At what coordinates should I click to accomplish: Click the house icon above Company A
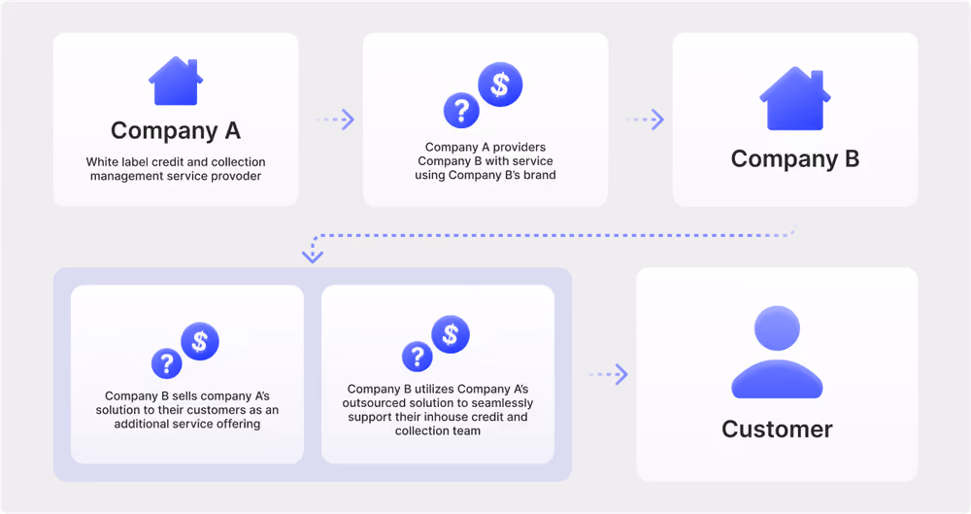pos(176,81)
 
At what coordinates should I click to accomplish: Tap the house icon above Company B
pos(795,98)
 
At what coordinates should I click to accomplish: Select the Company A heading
pos(176,131)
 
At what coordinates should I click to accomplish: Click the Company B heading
pos(795,158)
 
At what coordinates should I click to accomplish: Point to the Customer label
pos(777,429)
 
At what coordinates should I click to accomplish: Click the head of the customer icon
pos(777,328)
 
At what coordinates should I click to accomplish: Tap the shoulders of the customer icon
pos(777,379)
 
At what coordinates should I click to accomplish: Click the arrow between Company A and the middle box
pos(335,120)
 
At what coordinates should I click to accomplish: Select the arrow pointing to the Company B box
pos(645,120)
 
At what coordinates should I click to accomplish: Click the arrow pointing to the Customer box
pos(608,374)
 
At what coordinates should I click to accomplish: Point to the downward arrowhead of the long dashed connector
pos(312,257)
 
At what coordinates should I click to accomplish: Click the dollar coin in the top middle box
pos(500,85)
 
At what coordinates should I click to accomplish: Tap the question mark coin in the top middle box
pos(461,111)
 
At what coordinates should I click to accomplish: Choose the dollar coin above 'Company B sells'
pos(200,341)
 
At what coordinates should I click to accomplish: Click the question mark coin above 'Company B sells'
pos(167,363)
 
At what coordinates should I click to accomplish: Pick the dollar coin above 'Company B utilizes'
pos(451,334)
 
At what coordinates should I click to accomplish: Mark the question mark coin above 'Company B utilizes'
pos(418,357)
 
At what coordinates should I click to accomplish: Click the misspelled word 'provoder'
pos(236,176)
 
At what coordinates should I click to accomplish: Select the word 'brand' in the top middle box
pos(539,175)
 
